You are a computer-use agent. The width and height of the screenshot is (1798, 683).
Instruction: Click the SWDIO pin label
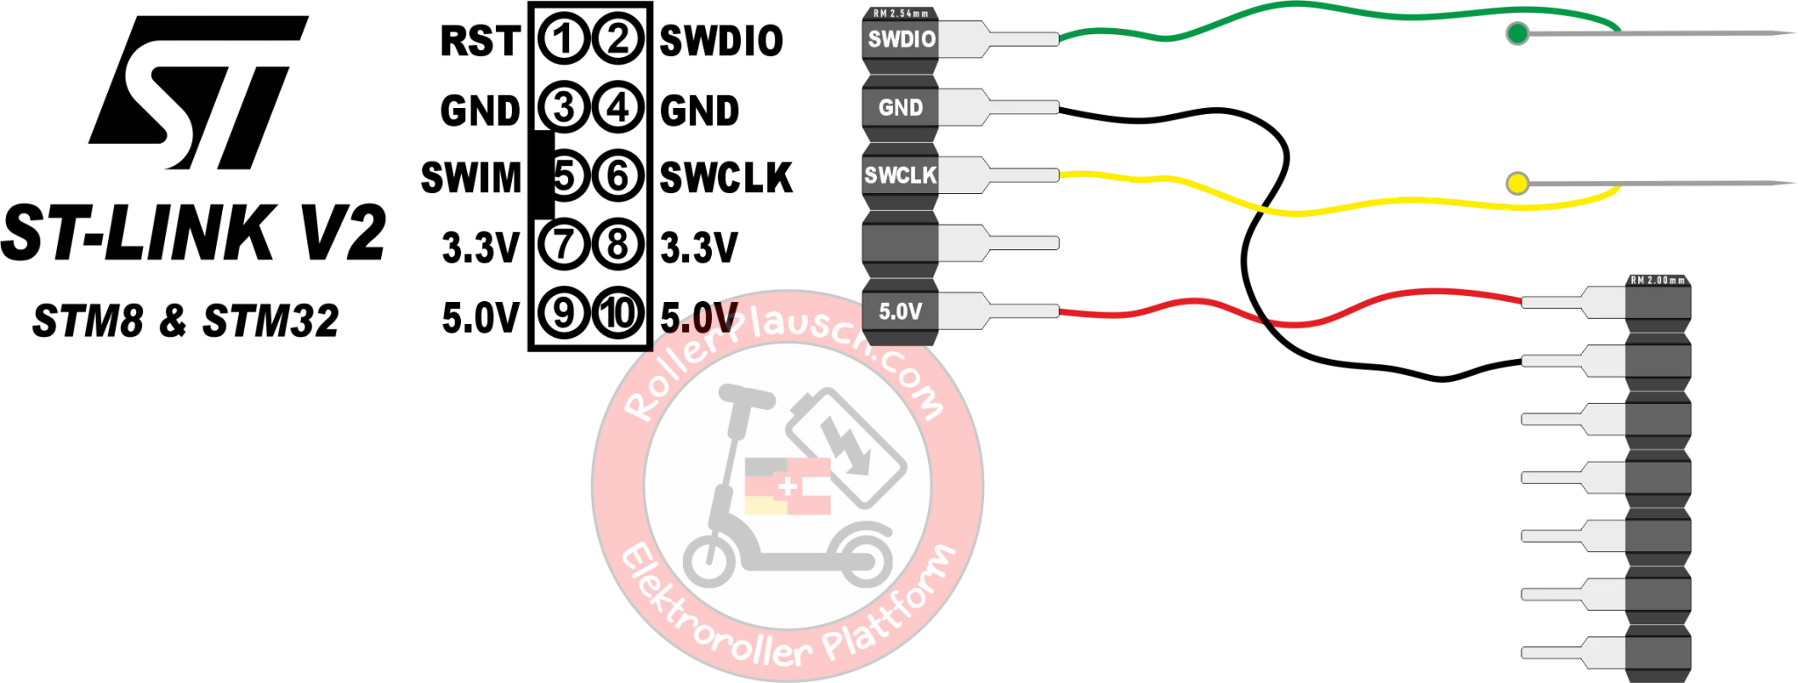point(901,40)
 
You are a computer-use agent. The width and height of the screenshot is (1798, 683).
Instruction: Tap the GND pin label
point(901,108)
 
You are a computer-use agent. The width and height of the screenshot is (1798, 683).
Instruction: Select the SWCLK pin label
point(901,176)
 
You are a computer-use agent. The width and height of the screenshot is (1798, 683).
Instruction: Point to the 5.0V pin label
point(901,312)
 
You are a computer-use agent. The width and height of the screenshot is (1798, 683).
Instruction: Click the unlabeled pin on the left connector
point(901,243)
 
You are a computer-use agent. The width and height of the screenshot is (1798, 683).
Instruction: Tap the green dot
point(1517,35)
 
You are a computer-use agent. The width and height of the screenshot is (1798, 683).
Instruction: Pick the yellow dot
point(1517,184)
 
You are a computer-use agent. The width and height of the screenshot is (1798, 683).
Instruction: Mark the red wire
point(1405,294)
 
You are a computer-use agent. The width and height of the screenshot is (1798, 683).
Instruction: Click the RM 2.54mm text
point(901,13)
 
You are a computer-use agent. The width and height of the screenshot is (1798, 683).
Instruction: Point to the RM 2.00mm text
point(1658,280)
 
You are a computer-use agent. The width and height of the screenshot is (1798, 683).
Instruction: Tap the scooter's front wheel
point(709,562)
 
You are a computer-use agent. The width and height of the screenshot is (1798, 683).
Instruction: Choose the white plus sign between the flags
point(788,485)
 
